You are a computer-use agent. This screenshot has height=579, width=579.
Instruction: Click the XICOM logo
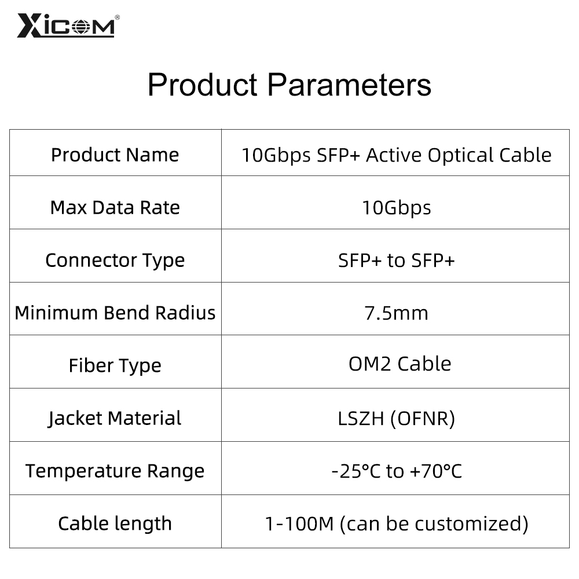pyautogui.click(x=66, y=25)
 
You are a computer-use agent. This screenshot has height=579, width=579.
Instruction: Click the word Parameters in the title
pyautogui.click(x=349, y=85)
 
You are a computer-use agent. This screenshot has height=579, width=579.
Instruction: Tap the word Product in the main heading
pyautogui.click(x=203, y=85)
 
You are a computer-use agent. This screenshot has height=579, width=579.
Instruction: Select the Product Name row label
pyautogui.click(x=115, y=155)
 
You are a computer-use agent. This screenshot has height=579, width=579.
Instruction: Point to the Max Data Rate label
pyautogui.click(x=115, y=207)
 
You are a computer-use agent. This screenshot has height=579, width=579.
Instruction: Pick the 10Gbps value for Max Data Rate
pyautogui.click(x=396, y=208)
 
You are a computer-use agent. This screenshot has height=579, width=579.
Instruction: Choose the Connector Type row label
pyautogui.click(x=115, y=261)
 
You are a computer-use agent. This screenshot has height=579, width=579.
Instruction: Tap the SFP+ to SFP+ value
pyautogui.click(x=396, y=261)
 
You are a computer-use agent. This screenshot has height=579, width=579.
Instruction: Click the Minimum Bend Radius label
pyautogui.click(x=115, y=313)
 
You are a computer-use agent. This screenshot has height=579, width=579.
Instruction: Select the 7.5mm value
pyautogui.click(x=396, y=313)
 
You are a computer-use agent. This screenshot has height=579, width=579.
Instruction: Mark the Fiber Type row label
pyautogui.click(x=115, y=366)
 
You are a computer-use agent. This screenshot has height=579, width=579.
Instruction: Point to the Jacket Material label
pyautogui.click(x=115, y=419)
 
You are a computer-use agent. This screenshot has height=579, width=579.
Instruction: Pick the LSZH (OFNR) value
pyautogui.click(x=396, y=419)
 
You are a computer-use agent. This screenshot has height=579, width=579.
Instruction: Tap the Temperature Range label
pyautogui.click(x=115, y=471)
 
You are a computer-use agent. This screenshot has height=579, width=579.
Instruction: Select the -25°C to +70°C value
pyautogui.click(x=396, y=471)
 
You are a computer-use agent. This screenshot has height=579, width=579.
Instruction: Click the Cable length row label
pyautogui.click(x=115, y=524)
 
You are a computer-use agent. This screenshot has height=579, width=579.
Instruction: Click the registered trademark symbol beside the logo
pyautogui.click(x=118, y=17)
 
